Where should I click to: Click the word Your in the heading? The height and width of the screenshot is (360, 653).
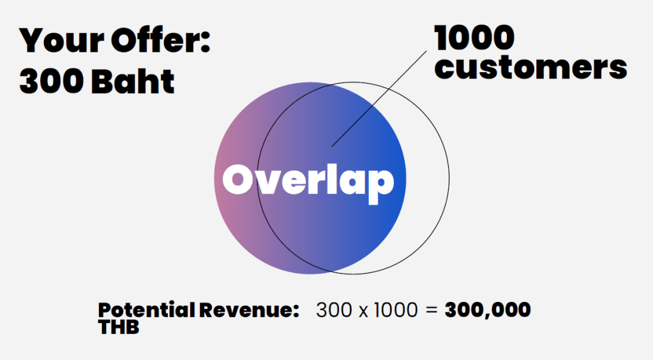(x=61, y=40)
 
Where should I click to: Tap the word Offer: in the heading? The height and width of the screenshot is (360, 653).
(x=161, y=40)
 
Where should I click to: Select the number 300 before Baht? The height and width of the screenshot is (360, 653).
(x=52, y=80)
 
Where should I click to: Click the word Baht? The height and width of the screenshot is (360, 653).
(x=133, y=80)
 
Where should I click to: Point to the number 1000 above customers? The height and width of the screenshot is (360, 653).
(x=474, y=38)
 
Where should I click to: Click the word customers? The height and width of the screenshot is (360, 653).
(x=530, y=68)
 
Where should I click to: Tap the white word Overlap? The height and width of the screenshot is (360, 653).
(x=308, y=182)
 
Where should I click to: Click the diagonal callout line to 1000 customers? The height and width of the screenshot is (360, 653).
(x=379, y=99)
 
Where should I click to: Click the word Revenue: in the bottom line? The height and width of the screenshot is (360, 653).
(x=249, y=310)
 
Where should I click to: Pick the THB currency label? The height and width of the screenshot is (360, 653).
(x=119, y=327)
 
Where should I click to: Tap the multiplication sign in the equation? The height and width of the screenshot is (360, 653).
(x=363, y=311)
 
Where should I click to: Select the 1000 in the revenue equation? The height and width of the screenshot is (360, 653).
(x=396, y=310)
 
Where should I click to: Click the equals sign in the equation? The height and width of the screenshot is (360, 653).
(x=432, y=310)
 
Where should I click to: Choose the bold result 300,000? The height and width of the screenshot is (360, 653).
(x=488, y=310)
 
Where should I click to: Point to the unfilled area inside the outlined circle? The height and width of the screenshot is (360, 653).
(x=427, y=179)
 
